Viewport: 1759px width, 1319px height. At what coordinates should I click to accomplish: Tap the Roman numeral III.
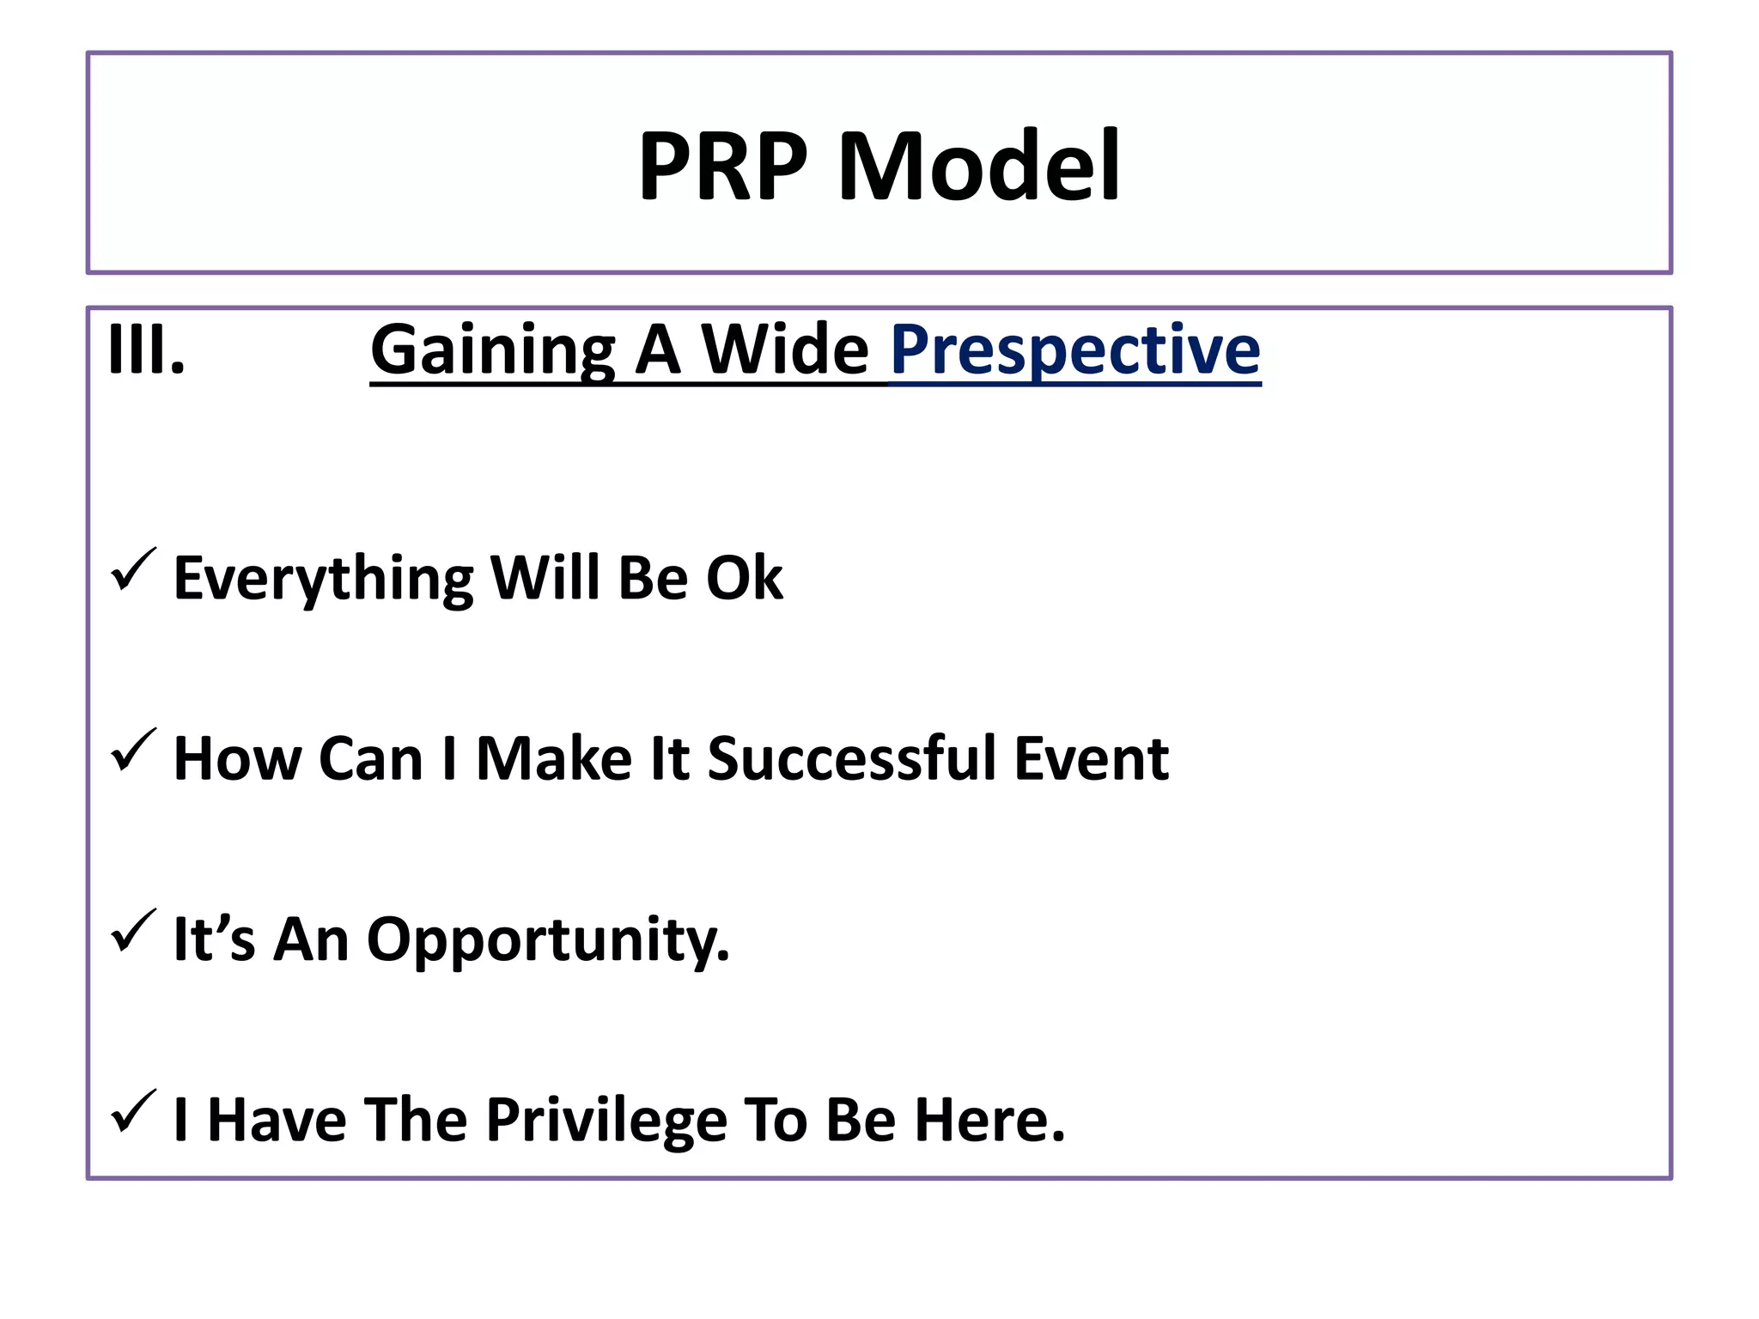click(146, 350)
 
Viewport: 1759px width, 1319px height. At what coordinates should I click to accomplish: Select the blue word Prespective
click(1075, 350)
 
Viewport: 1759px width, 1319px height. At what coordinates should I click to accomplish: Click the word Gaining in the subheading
click(493, 350)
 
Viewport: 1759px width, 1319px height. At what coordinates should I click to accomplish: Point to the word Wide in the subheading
click(785, 350)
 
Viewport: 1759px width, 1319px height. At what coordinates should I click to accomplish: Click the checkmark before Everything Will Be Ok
click(133, 570)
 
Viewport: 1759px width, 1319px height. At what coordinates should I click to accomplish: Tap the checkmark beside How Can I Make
click(133, 751)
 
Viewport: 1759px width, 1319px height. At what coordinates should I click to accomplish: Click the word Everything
click(323, 579)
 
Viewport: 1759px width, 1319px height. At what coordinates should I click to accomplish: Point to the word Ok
click(744, 579)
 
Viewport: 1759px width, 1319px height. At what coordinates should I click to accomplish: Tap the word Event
click(1092, 759)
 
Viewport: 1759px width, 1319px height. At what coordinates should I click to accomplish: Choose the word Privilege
click(606, 1121)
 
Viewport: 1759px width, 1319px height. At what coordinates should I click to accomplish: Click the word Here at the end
click(989, 1121)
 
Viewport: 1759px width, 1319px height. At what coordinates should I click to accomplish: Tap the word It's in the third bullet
click(214, 939)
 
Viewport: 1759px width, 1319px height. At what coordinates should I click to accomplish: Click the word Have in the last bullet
click(277, 1121)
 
